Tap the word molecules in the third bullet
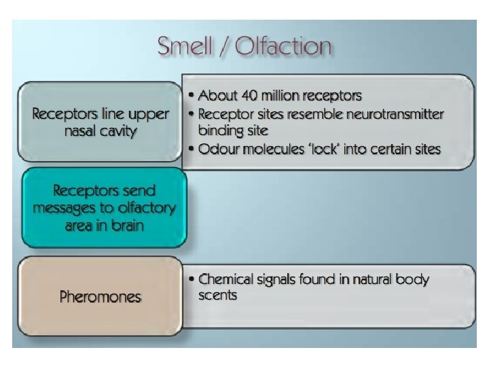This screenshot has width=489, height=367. [x=276, y=148]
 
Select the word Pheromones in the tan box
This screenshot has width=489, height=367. [x=101, y=297]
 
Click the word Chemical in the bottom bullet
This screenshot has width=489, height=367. [x=230, y=279]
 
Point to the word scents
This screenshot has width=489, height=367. [x=217, y=296]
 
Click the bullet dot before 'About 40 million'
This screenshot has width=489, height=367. [x=192, y=96]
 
